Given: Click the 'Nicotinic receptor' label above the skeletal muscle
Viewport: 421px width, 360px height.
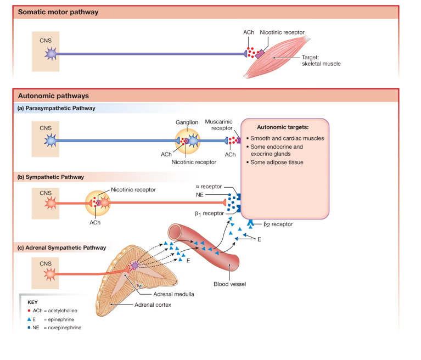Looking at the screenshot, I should point(282,33).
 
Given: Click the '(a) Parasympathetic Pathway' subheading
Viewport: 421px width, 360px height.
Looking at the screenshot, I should point(57,108).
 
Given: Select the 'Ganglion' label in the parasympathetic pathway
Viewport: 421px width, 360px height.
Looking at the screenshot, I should point(187,122).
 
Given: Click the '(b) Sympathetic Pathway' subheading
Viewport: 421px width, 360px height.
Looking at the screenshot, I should point(51,177).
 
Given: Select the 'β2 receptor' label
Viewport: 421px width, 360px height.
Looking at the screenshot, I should point(278,224).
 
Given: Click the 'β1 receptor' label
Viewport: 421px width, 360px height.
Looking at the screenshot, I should point(210,213).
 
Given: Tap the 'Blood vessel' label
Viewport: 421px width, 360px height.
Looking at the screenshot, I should point(229,284).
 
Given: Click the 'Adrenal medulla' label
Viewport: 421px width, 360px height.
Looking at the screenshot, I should point(173,294).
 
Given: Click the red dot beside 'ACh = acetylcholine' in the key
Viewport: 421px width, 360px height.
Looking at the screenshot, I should point(28,311).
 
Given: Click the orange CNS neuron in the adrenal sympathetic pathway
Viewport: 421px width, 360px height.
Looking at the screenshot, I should point(50,273).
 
